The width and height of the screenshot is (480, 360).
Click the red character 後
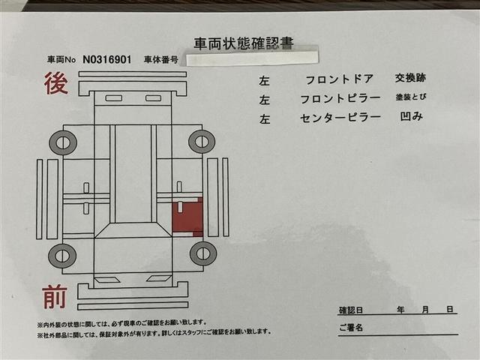point(55,84)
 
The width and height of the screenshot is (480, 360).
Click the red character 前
point(54,298)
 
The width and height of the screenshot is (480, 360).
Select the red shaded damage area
point(187,217)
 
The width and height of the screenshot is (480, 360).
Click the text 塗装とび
point(414,97)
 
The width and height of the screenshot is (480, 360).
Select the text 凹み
point(412,116)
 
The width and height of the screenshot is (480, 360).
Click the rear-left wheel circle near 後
point(63,142)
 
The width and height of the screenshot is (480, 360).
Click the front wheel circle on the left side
point(62,256)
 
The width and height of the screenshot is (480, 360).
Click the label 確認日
point(350,310)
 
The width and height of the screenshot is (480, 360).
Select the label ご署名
point(350,328)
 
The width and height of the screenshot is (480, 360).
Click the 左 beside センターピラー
point(265,118)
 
